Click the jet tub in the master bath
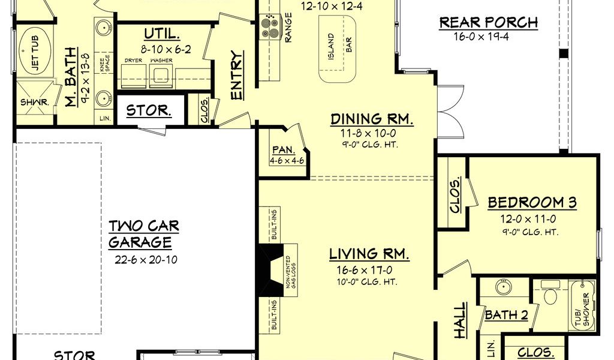34,50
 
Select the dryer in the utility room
134,76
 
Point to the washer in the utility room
161,75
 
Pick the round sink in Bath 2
504,287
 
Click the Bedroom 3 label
532,203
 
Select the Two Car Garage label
144,234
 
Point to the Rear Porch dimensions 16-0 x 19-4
481,37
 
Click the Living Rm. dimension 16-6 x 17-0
365,270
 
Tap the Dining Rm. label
372,119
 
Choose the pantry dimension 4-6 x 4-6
287,161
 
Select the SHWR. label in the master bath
34,103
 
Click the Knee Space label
104,64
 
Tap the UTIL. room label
162,34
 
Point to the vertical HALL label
460,320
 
